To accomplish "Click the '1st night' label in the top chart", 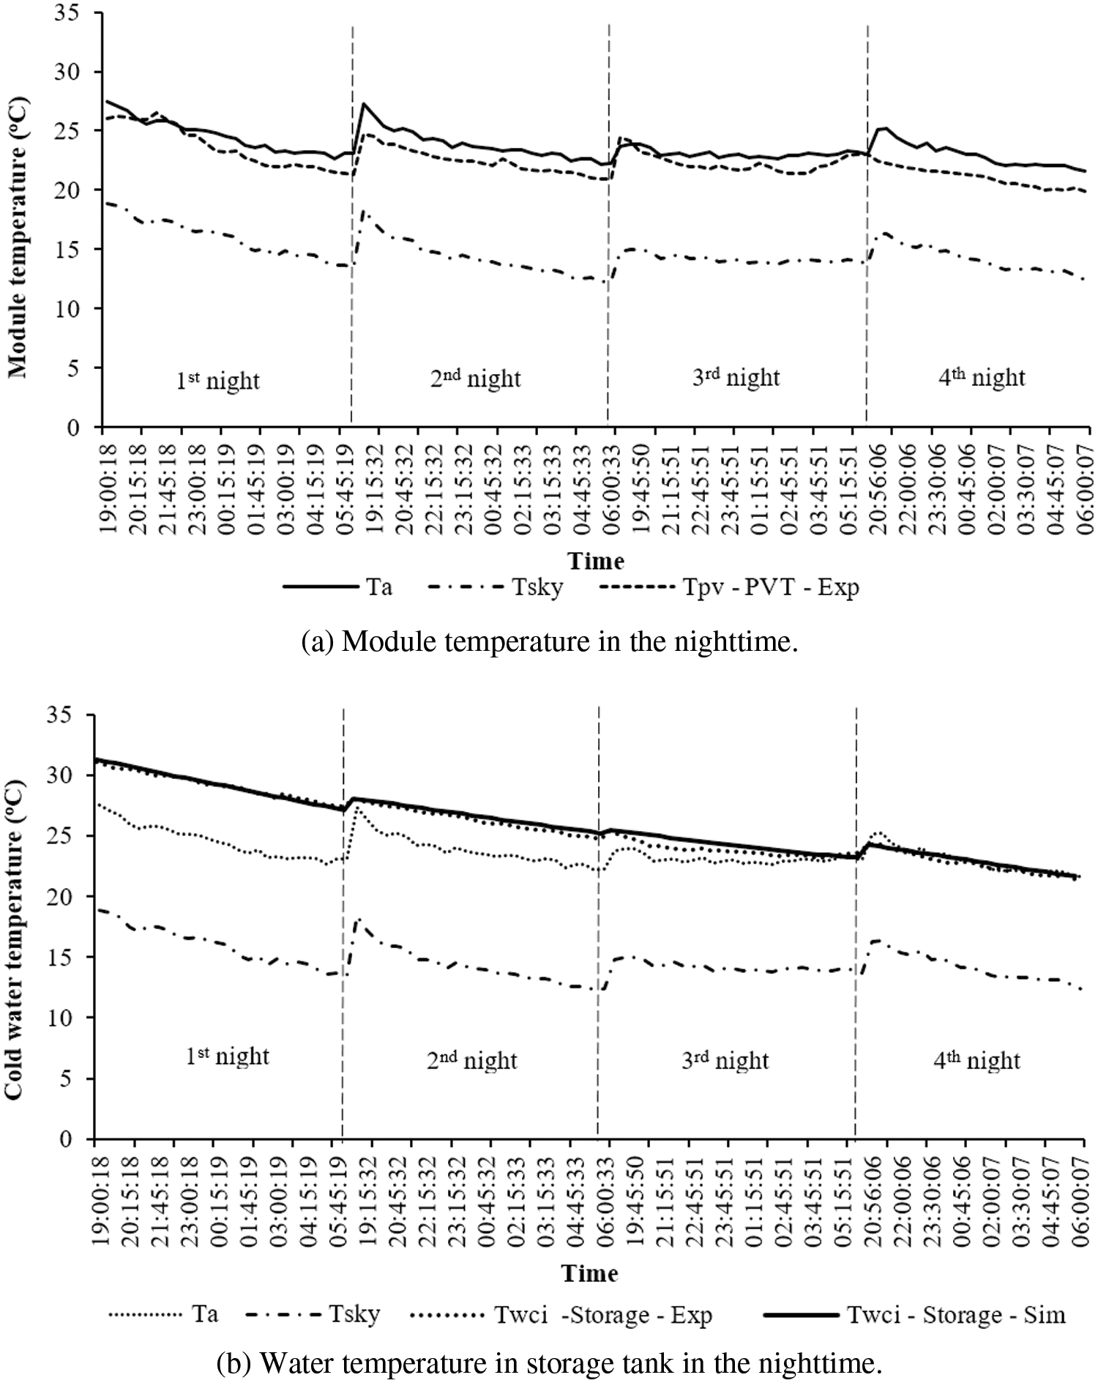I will [x=218, y=380].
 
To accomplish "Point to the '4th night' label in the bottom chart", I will [x=978, y=1059].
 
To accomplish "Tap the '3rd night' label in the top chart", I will [x=736, y=377].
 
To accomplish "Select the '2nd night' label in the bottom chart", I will [x=472, y=1059].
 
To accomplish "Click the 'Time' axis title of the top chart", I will [x=597, y=561].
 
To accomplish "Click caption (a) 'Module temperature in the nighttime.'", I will [x=549, y=641].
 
